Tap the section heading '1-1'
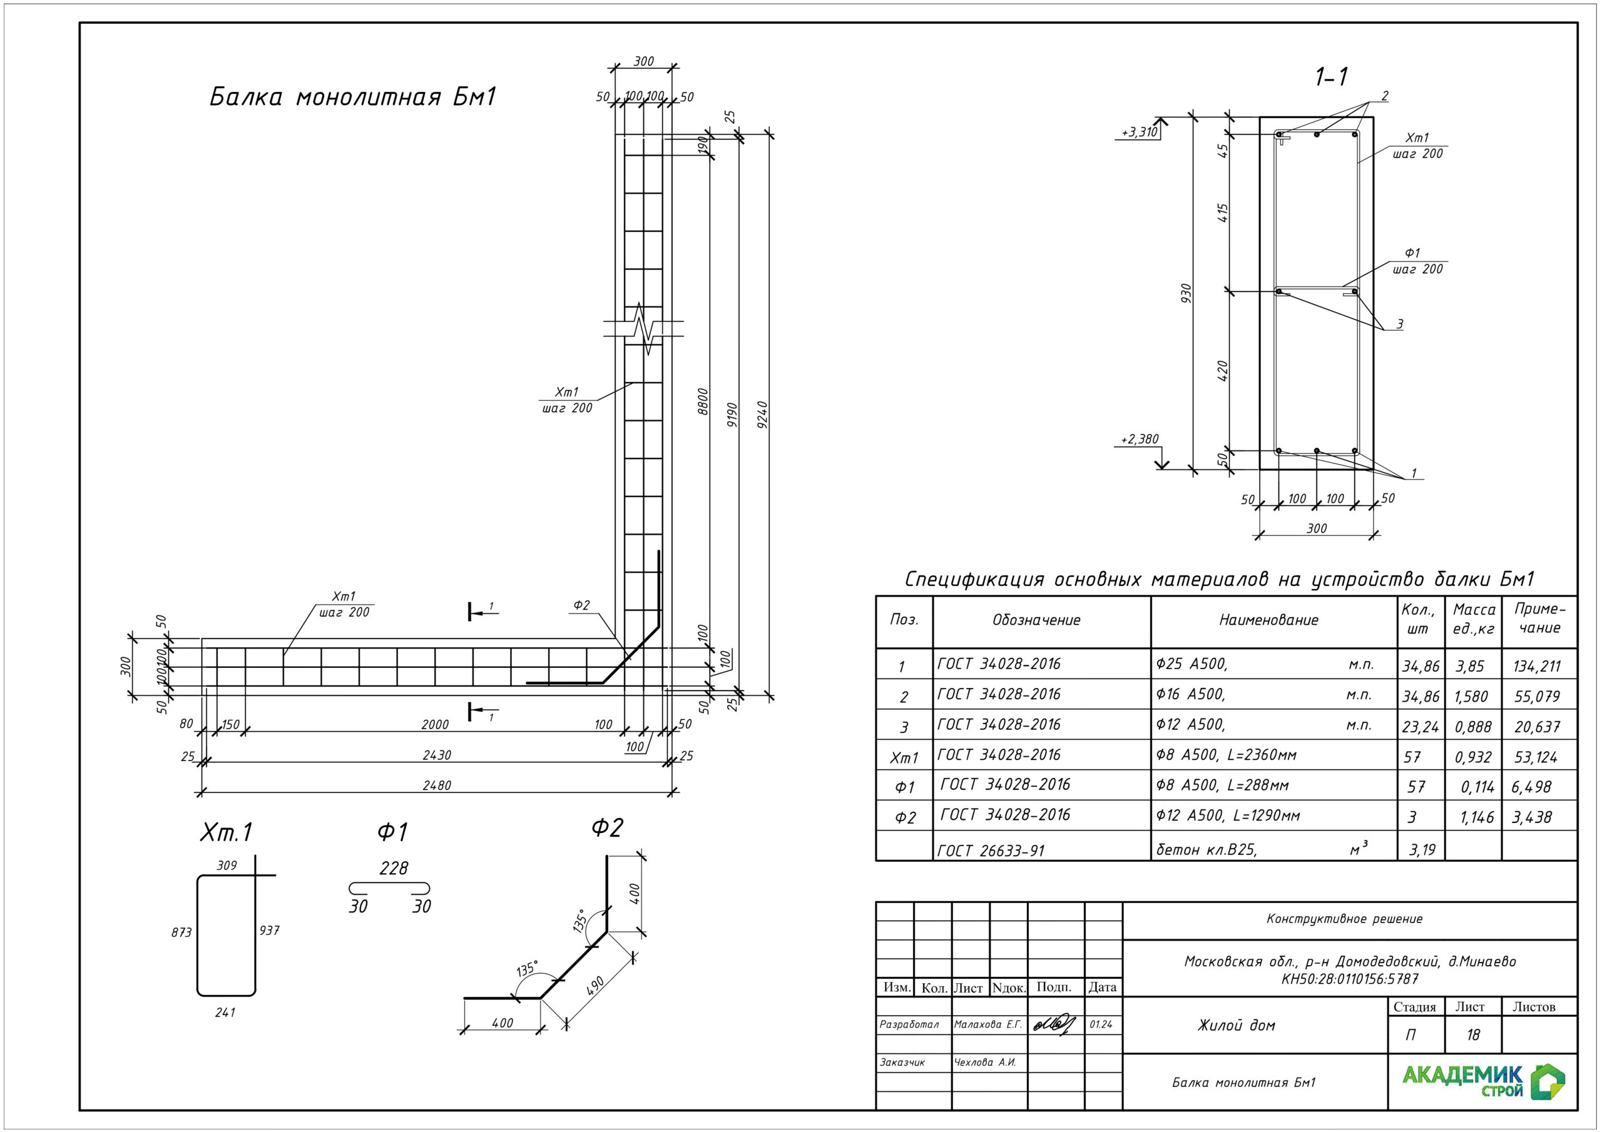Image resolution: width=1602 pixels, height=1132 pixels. pos(1330,77)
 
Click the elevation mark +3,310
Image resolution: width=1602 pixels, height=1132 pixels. pos(1139,133)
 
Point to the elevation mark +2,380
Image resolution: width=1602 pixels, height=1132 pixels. pos(1139,440)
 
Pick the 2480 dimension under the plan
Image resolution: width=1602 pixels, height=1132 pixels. pos(437,786)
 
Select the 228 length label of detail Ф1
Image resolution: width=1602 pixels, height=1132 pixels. pos(394,868)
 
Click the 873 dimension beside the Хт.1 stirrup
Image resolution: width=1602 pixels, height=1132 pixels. pos(181,932)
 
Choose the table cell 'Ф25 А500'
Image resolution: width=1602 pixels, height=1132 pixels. pos(1191,664)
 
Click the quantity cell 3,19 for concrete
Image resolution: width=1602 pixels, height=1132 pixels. pos(1421,849)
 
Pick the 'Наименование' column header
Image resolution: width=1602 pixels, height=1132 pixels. pos(1268,620)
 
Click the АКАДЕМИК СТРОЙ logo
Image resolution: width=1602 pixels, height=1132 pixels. pos(1482,1082)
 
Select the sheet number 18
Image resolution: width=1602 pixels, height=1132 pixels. pos(1473,1034)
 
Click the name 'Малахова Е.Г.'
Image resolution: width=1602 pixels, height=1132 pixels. pos(987,1024)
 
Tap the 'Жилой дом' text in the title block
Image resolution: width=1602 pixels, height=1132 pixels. pos(1236,1025)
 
